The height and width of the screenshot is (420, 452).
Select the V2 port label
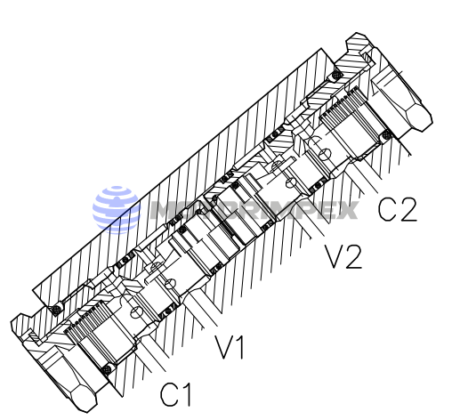point(342,257)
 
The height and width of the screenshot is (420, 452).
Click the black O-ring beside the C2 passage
point(387,135)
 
